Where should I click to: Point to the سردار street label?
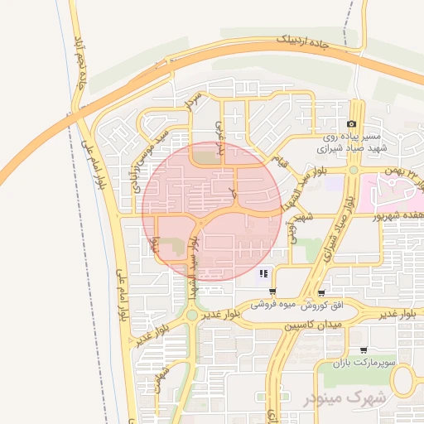pos(194,101)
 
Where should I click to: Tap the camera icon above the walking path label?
pos(351,124)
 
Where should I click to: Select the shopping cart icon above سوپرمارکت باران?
pos(363,350)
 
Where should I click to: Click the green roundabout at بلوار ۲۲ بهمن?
pos(354,170)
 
